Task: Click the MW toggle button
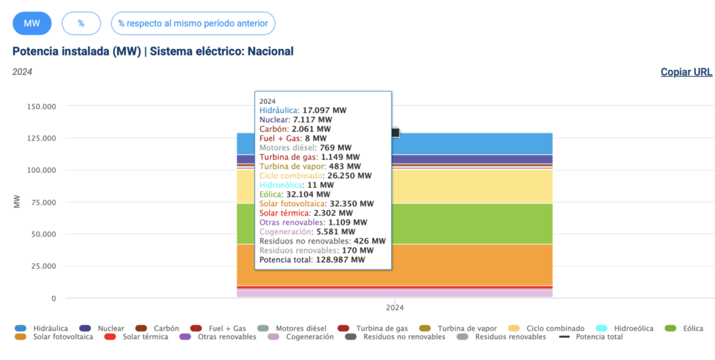[32, 23]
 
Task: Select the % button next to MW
[81, 23]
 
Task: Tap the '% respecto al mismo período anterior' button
[193, 23]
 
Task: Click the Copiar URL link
[686, 72]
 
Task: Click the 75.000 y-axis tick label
[41, 202]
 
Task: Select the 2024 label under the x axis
[395, 308]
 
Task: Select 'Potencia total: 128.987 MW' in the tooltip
[312, 260]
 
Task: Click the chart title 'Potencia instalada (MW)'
[76, 51]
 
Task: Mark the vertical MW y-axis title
[17, 203]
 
